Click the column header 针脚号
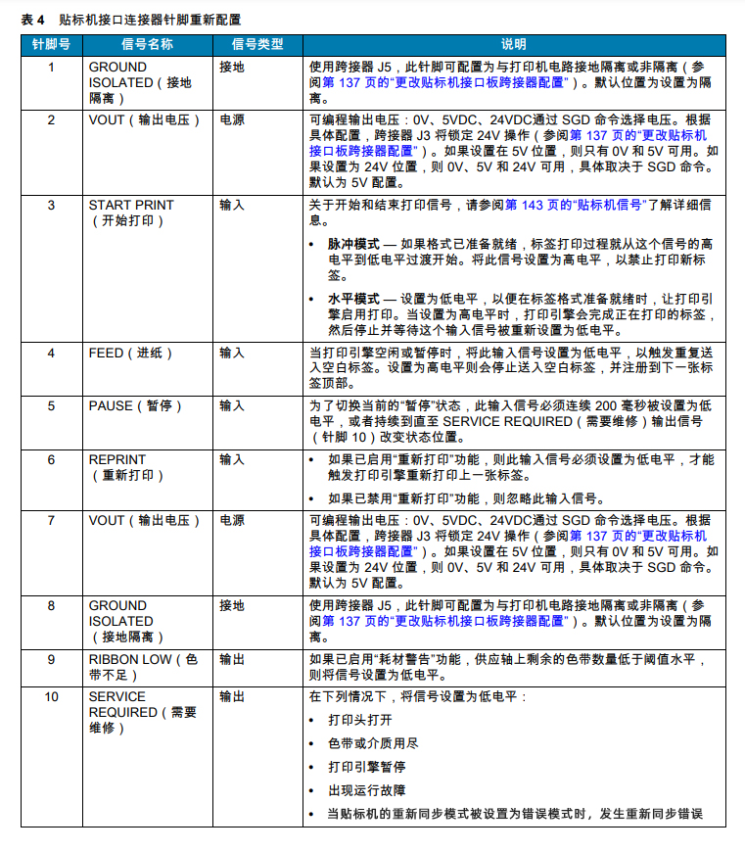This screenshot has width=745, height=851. coord(51,44)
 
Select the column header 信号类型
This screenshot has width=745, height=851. coord(256,44)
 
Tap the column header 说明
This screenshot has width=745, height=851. coord(513,44)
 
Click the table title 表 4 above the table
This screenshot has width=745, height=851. coord(33,19)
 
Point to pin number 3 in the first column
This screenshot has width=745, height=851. coord(51,206)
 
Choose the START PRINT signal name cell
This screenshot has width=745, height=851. coord(131,213)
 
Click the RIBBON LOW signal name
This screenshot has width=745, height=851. coord(143,667)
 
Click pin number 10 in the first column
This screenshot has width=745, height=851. coord(51,697)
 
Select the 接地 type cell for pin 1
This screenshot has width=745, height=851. coord(232,68)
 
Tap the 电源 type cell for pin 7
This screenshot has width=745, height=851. coord(232,521)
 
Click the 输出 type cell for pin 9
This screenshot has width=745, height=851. coord(232,660)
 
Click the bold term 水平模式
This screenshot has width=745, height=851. coord(353,298)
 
